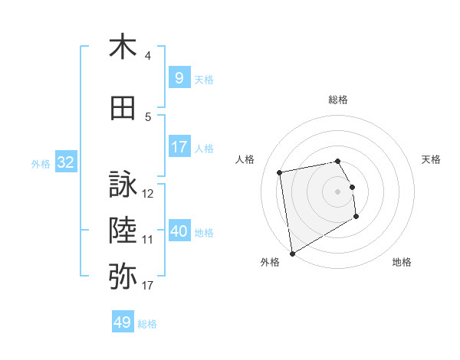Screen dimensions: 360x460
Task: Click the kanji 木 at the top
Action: coord(123,47)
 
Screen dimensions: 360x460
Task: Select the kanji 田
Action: coord(123,109)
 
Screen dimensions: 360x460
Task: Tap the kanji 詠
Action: coord(123,185)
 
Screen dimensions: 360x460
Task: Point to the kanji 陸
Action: coord(123,229)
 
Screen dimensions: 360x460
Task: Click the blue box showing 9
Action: coord(179,77)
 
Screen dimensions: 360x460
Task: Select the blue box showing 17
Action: coord(179,147)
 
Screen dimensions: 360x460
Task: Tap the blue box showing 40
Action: coord(179,231)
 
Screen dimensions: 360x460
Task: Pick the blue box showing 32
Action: coord(65,162)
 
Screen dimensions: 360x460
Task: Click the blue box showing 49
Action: coord(123,322)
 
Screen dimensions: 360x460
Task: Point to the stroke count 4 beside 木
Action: coord(148,56)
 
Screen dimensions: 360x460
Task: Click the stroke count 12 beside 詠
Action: coord(149,194)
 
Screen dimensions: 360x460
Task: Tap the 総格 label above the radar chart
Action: coord(338,100)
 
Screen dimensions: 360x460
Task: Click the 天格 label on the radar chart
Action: coord(432,159)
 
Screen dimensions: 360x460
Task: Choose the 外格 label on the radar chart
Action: coord(269,262)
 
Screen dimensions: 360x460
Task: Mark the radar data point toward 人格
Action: coord(280,172)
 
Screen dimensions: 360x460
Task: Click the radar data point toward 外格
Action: coord(292,253)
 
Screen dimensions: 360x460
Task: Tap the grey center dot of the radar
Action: coord(337,191)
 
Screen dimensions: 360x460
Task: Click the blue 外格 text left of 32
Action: coord(40,163)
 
